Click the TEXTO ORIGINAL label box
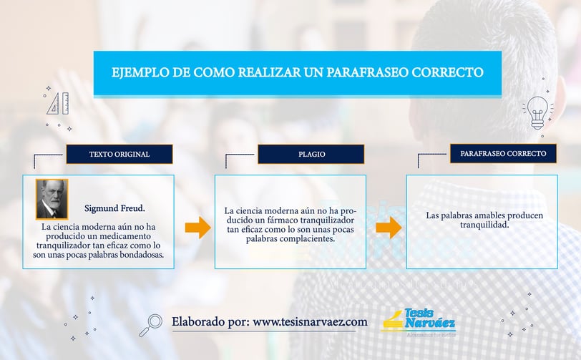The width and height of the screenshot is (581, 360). pyautogui.click(x=119, y=154)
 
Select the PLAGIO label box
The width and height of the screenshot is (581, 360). pyautogui.click(x=311, y=154)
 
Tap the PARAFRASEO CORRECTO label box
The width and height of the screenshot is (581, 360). pyautogui.click(x=503, y=153)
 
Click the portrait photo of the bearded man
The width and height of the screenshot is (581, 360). pyautogui.click(x=52, y=199)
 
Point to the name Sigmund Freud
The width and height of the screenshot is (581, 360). pyautogui.click(x=114, y=208)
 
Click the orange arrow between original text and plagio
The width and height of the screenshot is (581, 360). pyautogui.click(x=198, y=228)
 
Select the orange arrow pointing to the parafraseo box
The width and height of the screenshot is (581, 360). pyautogui.click(x=389, y=228)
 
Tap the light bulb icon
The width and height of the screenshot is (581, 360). pyautogui.click(x=537, y=112)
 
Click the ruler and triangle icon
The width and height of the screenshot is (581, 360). pyautogui.click(x=58, y=104)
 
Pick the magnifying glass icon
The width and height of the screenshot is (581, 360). pyautogui.click(x=151, y=325)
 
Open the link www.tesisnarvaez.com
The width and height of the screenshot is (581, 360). pyautogui.click(x=310, y=322)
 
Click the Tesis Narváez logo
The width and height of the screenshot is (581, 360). pyautogui.click(x=419, y=322)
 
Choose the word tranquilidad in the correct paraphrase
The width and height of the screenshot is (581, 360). pyautogui.click(x=484, y=225)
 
